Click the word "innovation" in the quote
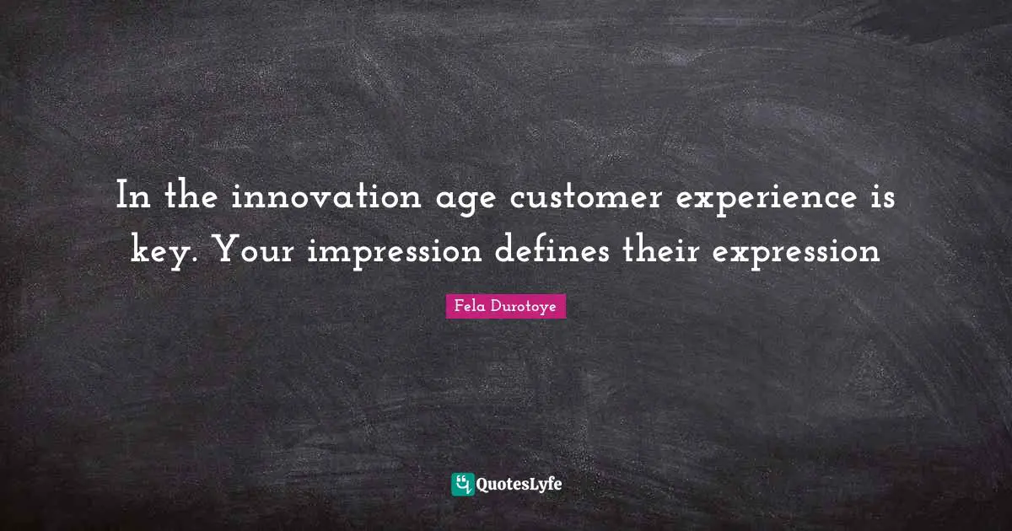point(326,200)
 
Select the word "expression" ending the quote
point(795,251)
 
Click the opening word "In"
point(133,200)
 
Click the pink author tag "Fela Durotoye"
point(505,308)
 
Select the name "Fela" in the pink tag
point(469,308)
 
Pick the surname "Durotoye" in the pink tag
point(523,308)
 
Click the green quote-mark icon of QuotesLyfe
point(462,484)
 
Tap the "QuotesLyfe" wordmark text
point(519,485)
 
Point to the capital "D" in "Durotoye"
point(495,308)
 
